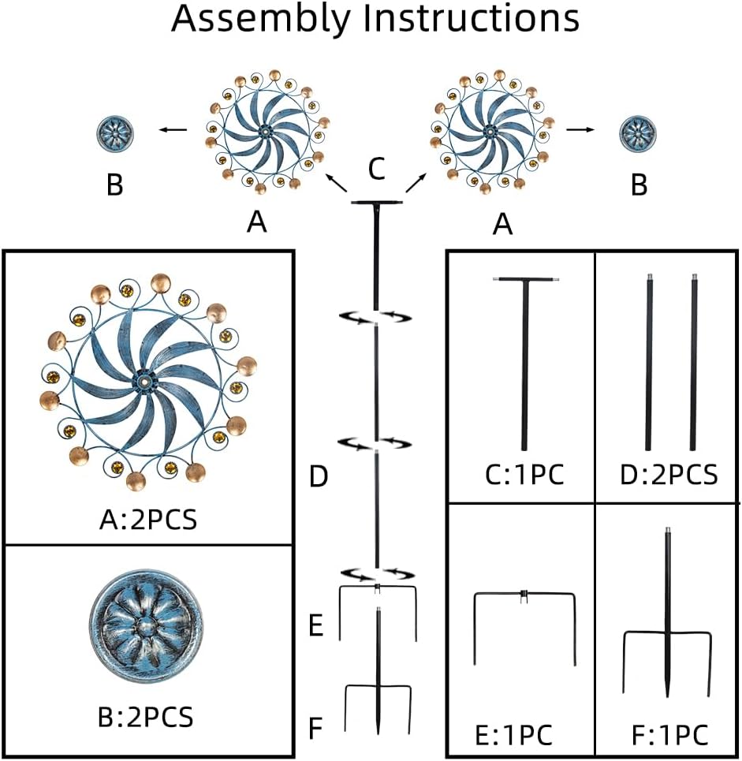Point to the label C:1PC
[x=524, y=476]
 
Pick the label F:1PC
[x=668, y=734]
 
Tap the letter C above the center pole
[x=376, y=168]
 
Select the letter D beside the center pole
[x=318, y=477]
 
